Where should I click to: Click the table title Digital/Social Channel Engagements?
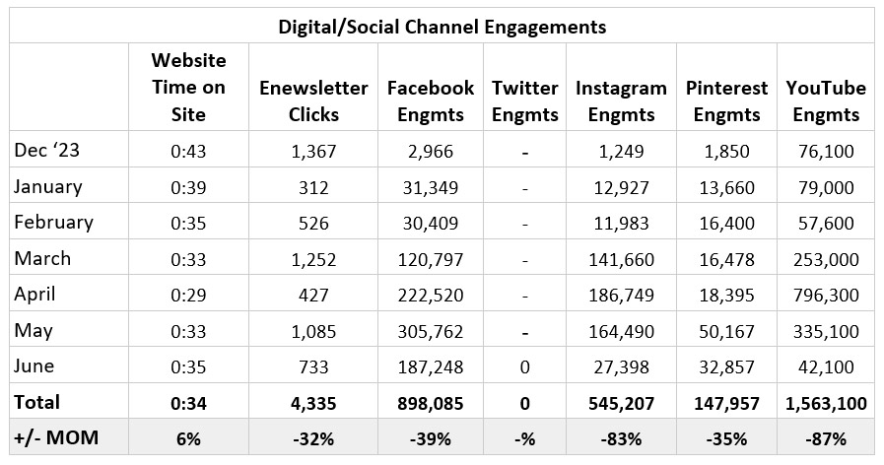(x=442, y=26)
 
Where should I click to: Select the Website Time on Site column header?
(x=188, y=88)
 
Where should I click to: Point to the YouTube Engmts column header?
(x=826, y=100)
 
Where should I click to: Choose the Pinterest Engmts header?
(x=726, y=100)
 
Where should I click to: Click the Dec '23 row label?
(x=48, y=151)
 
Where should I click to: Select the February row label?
(x=53, y=223)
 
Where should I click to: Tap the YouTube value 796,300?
(x=825, y=295)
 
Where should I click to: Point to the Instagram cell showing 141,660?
(x=621, y=259)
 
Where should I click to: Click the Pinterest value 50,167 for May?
(x=726, y=331)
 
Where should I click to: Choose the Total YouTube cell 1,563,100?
(x=825, y=402)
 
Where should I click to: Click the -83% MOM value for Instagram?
(x=621, y=437)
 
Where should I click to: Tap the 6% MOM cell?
(x=188, y=437)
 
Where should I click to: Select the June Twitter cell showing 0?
(x=524, y=366)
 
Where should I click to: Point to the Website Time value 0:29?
(x=188, y=295)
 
